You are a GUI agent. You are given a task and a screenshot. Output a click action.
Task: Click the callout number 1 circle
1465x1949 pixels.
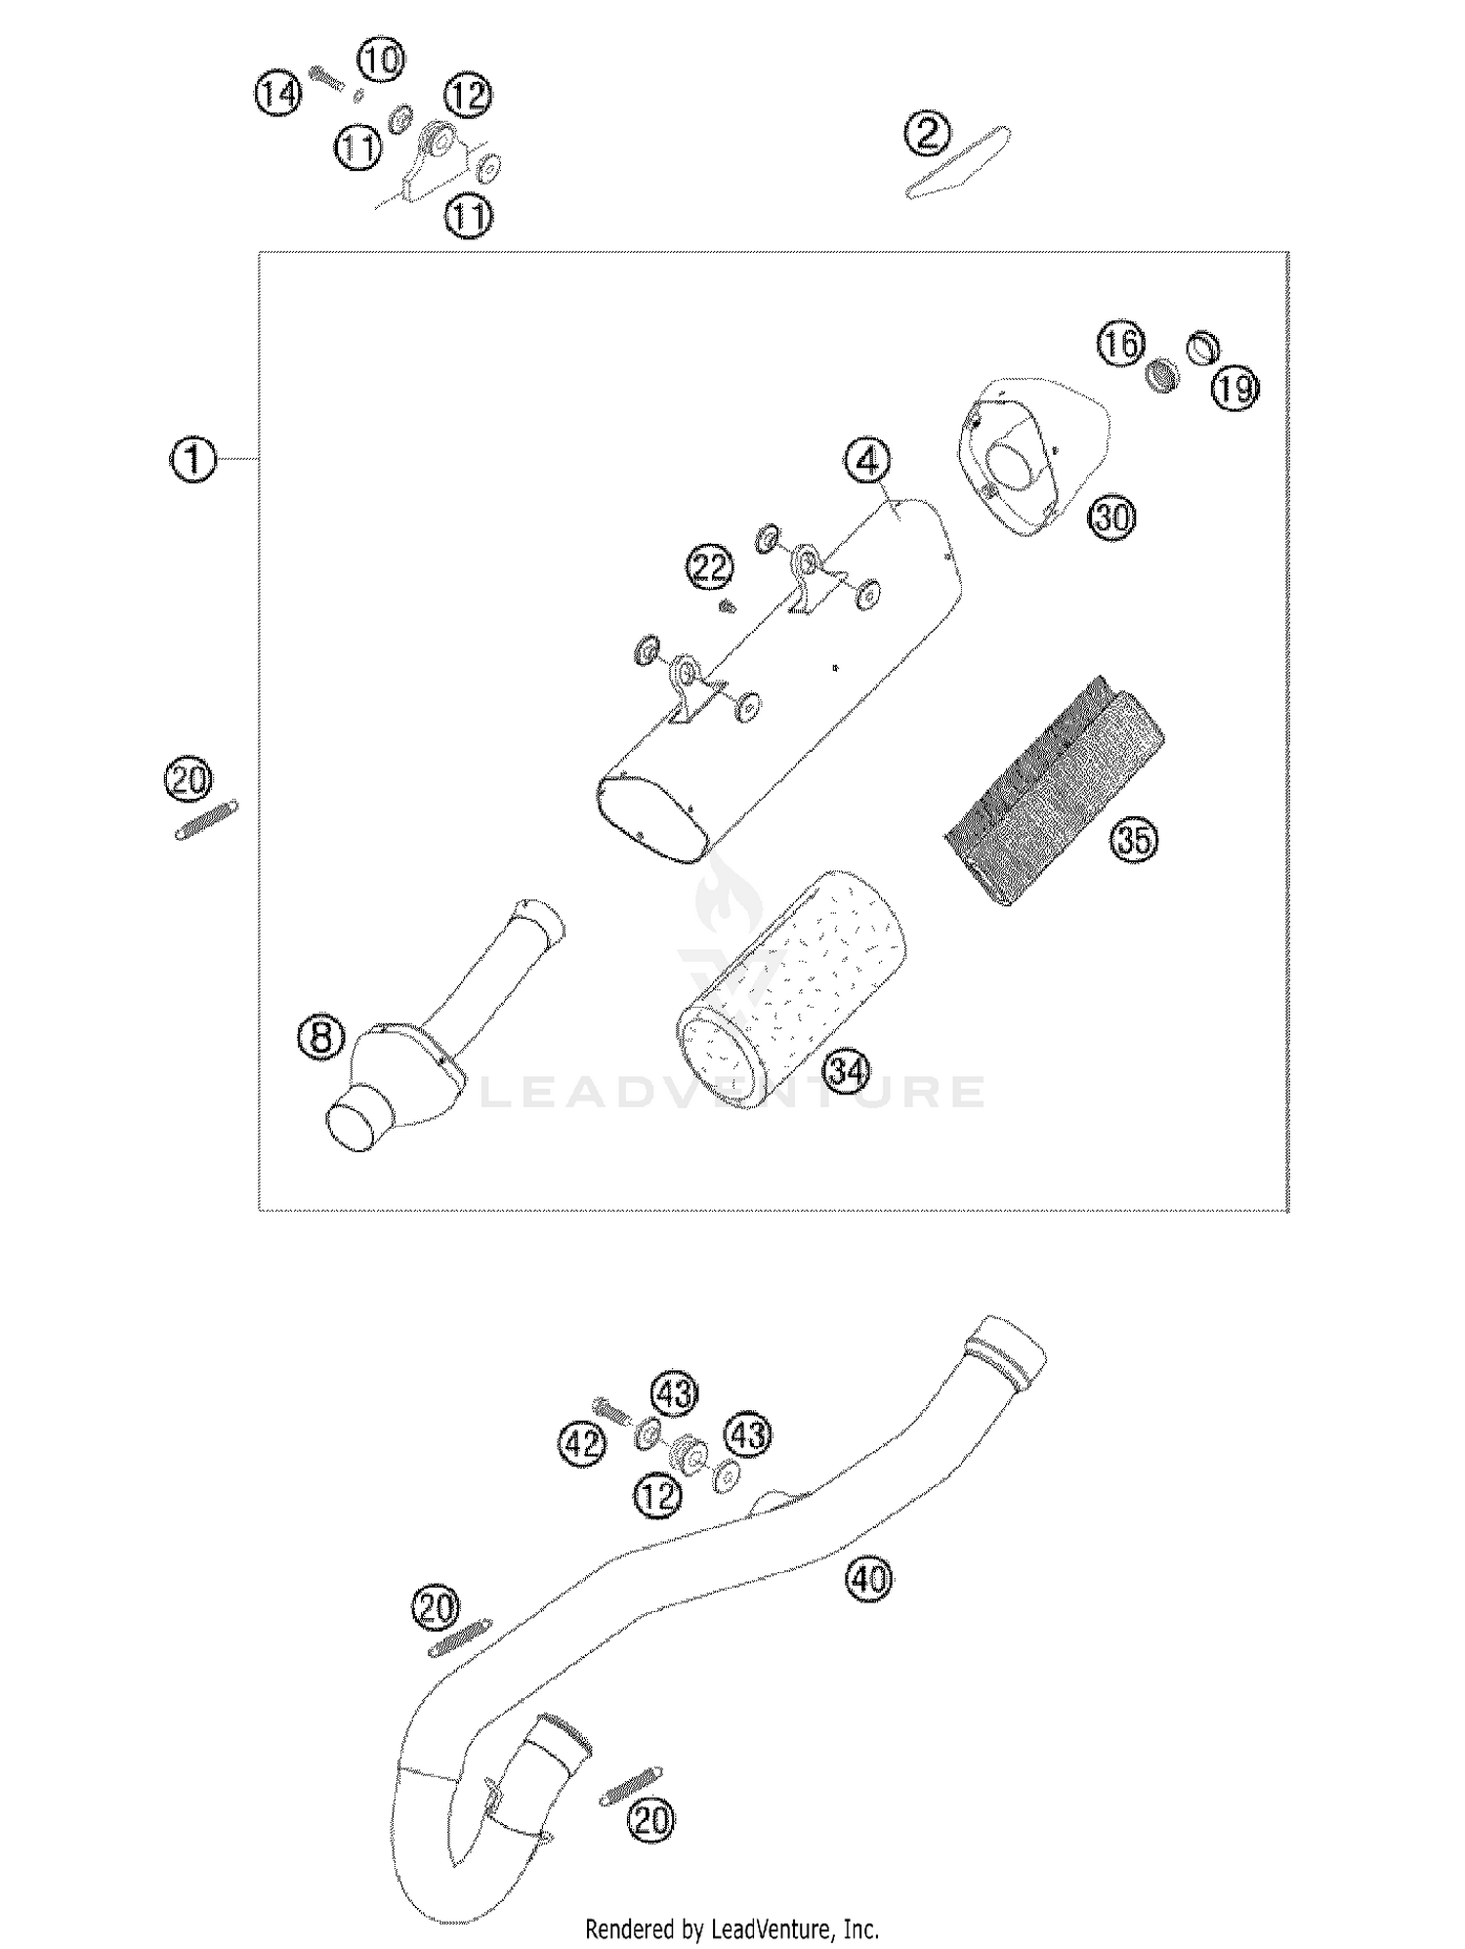click(x=193, y=459)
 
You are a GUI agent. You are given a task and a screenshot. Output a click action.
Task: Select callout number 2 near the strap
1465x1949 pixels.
click(x=927, y=133)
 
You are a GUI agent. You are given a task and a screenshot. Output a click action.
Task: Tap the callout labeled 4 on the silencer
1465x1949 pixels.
click(x=868, y=461)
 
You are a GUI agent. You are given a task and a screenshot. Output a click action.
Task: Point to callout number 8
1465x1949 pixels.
click(x=321, y=1037)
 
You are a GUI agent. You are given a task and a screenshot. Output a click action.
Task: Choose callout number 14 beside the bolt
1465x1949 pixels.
click(x=278, y=95)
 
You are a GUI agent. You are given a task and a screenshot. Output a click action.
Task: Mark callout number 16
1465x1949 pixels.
click(x=1120, y=344)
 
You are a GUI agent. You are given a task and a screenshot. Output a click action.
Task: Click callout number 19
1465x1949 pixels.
click(x=1235, y=389)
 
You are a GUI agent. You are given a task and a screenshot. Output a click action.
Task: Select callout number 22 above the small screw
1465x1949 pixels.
click(x=710, y=567)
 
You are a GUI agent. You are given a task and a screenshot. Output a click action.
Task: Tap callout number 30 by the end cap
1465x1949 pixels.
click(x=1112, y=517)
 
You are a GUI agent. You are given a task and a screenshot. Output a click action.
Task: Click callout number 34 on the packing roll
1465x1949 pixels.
click(x=847, y=1072)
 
